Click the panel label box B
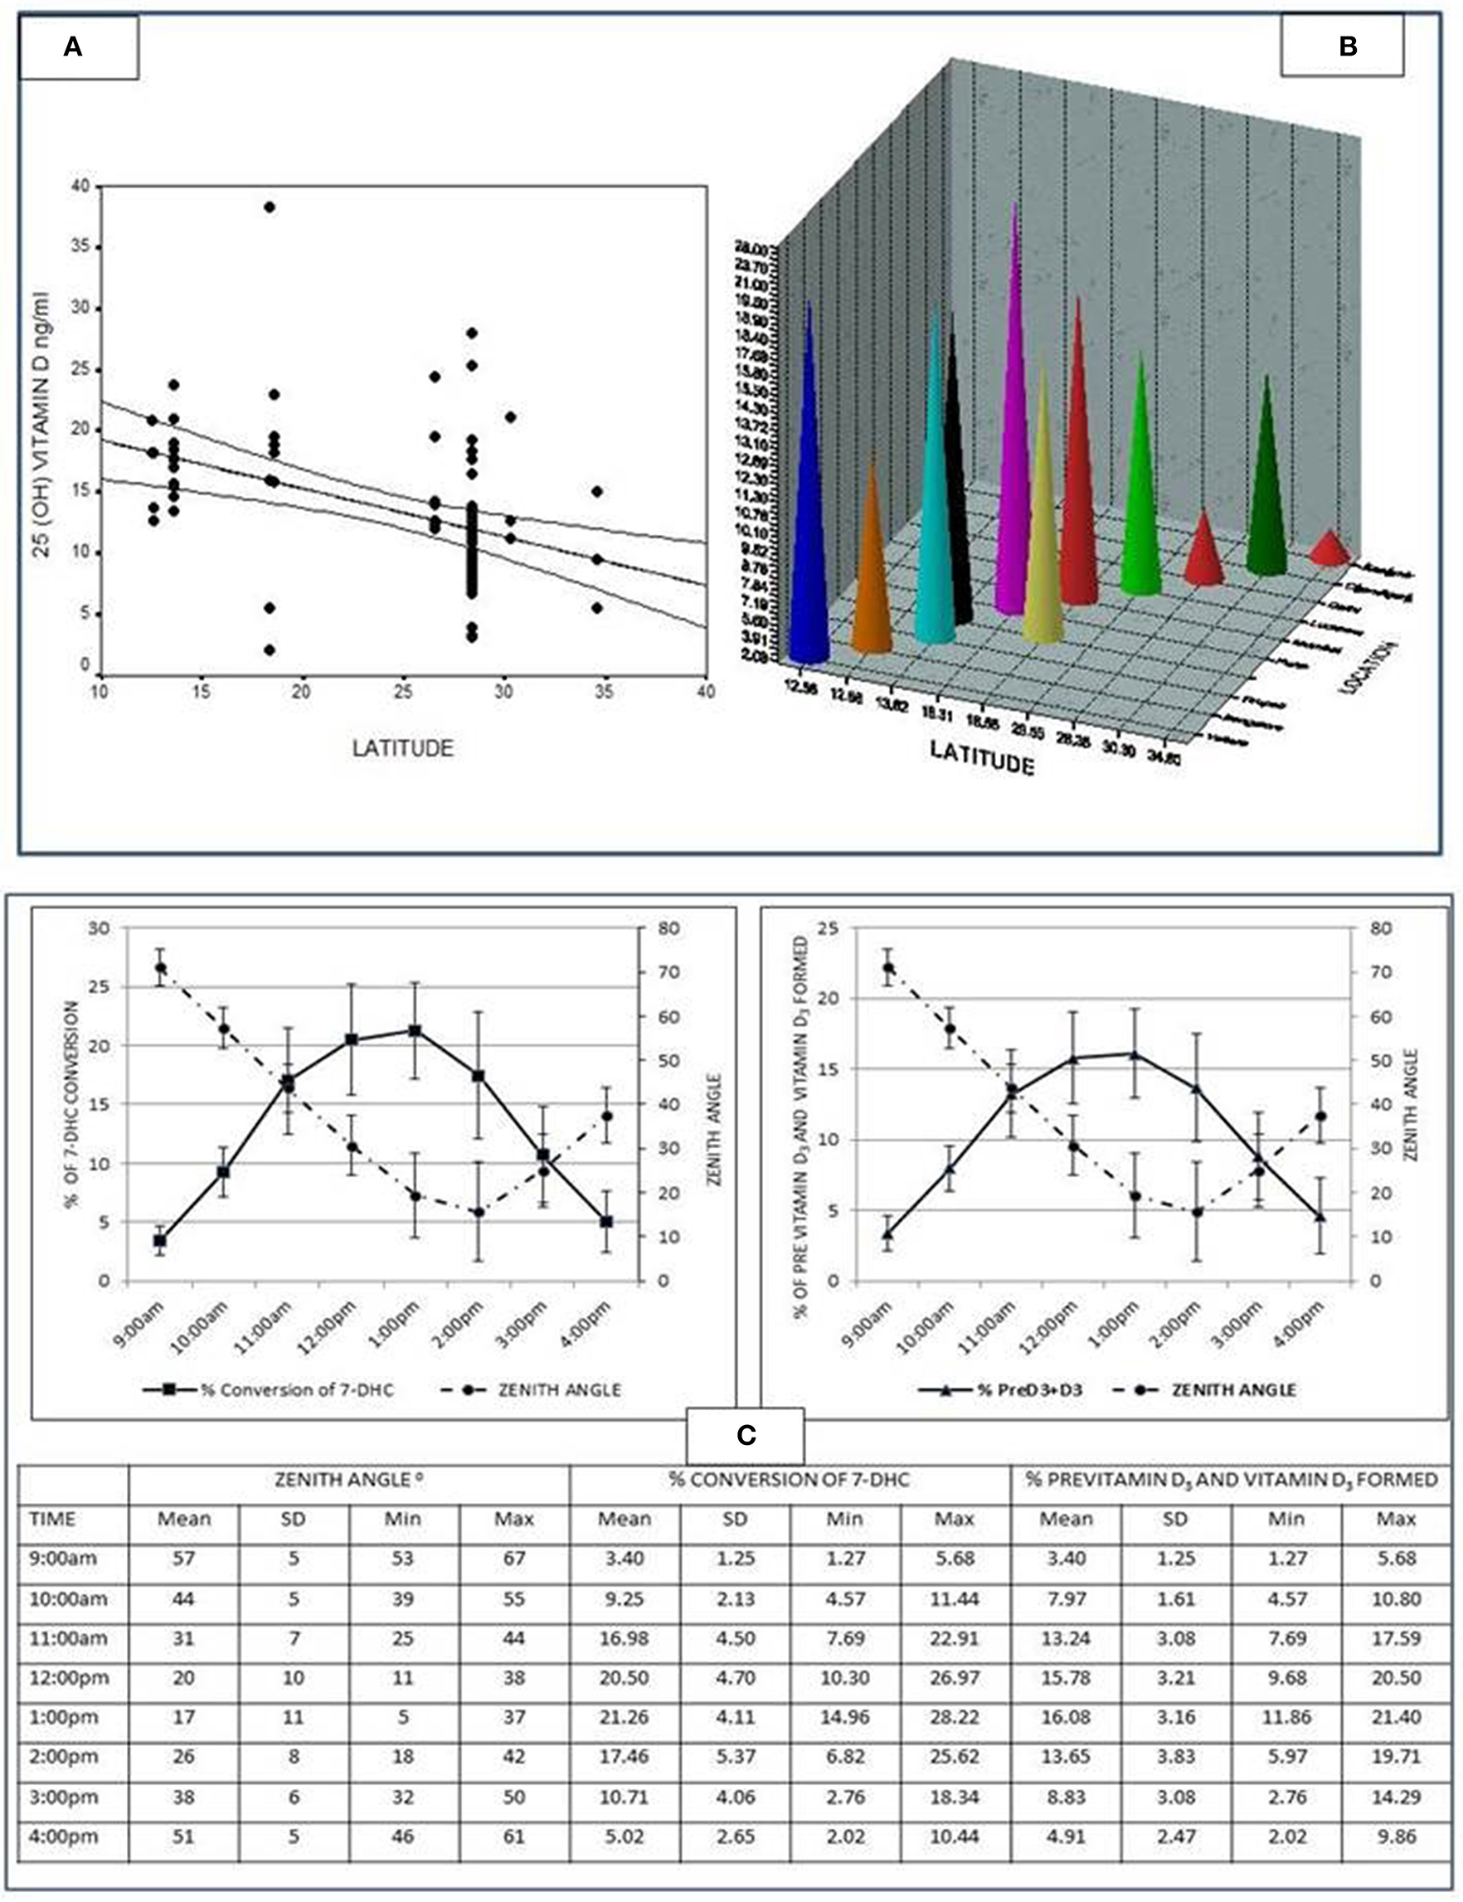pyautogui.click(x=1346, y=47)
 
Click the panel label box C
pyautogui.click(x=746, y=1435)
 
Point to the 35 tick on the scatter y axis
pyautogui.click(x=84, y=247)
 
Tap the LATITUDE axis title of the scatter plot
pyautogui.click(x=402, y=748)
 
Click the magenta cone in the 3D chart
pyautogui.click(x=1012, y=453)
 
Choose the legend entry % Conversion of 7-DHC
pyautogui.click(x=270, y=1390)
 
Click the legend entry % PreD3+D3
pyautogui.click(x=1002, y=1390)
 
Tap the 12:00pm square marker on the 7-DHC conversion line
pyautogui.click(x=352, y=1040)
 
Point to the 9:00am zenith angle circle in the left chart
pyautogui.click(x=160, y=967)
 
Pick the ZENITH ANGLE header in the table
pyautogui.click(x=348, y=1480)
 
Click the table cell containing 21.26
pyautogui.click(x=625, y=1716)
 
